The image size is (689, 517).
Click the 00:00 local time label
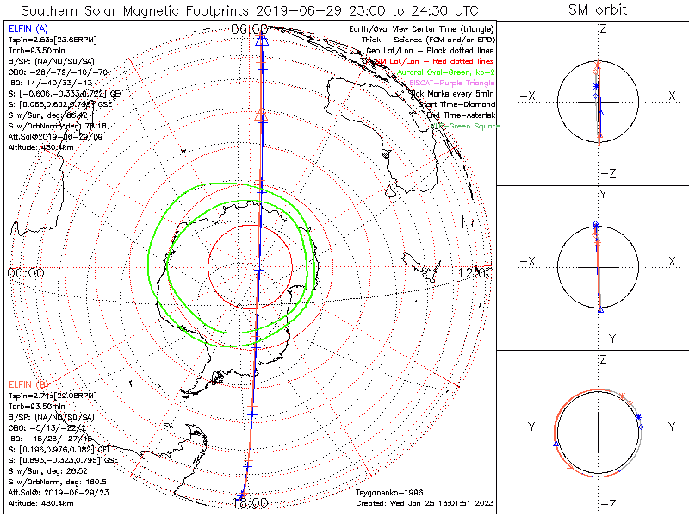(26, 272)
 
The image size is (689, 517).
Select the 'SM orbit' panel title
(598, 10)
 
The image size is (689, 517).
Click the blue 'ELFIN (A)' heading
(27, 28)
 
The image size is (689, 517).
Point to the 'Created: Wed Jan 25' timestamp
(424, 502)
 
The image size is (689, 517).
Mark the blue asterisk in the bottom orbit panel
(638, 417)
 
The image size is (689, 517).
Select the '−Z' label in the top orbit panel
(606, 173)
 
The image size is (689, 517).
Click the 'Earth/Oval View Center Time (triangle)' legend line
(419, 28)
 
